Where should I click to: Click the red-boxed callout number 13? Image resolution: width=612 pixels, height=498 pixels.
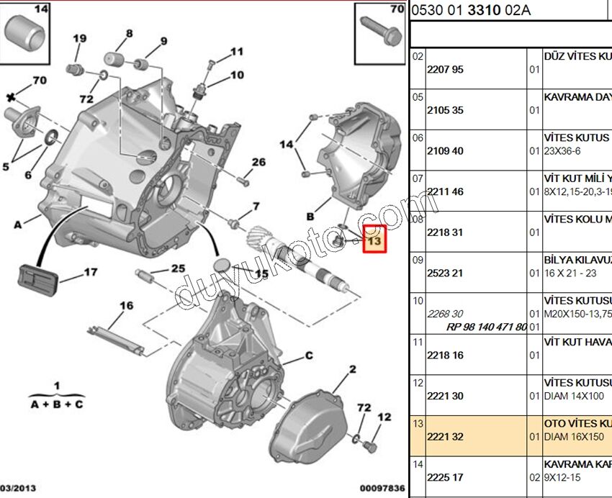pyautogui.click(x=374, y=240)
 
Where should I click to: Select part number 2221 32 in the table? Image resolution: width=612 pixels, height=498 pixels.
pyautogui.click(x=445, y=437)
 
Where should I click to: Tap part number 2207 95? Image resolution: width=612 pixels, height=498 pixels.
pyautogui.click(x=445, y=70)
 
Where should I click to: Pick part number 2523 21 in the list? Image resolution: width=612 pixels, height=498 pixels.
pyautogui.click(x=445, y=273)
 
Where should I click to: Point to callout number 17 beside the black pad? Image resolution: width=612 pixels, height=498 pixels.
pyautogui.click(x=90, y=272)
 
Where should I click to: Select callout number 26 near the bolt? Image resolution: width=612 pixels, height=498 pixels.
pyautogui.click(x=258, y=163)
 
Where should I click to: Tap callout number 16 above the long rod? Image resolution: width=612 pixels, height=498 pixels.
pyautogui.click(x=127, y=306)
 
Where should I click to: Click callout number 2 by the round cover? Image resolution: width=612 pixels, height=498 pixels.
pyautogui.click(x=353, y=370)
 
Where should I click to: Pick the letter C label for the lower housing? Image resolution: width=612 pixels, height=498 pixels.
pyautogui.click(x=309, y=356)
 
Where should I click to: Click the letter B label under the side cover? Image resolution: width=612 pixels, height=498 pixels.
pyautogui.click(x=310, y=216)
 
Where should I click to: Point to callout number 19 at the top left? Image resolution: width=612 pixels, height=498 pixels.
pyautogui.click(x=78, y=39)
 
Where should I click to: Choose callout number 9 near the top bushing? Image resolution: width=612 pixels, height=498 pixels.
pyautogui.click(x=163, y=41)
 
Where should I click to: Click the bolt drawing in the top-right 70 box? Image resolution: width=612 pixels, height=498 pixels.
pyautogui.click(x=382, y=28)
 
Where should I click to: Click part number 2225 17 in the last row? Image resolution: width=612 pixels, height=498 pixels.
pyautogui.click(x=445, y=477)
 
